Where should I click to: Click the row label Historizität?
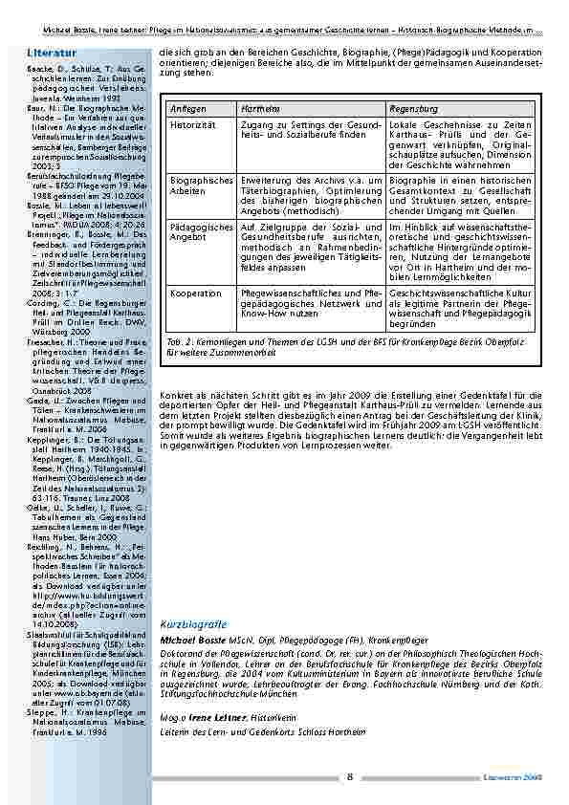click(190, 126)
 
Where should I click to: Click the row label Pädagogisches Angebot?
click(201, 232)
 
